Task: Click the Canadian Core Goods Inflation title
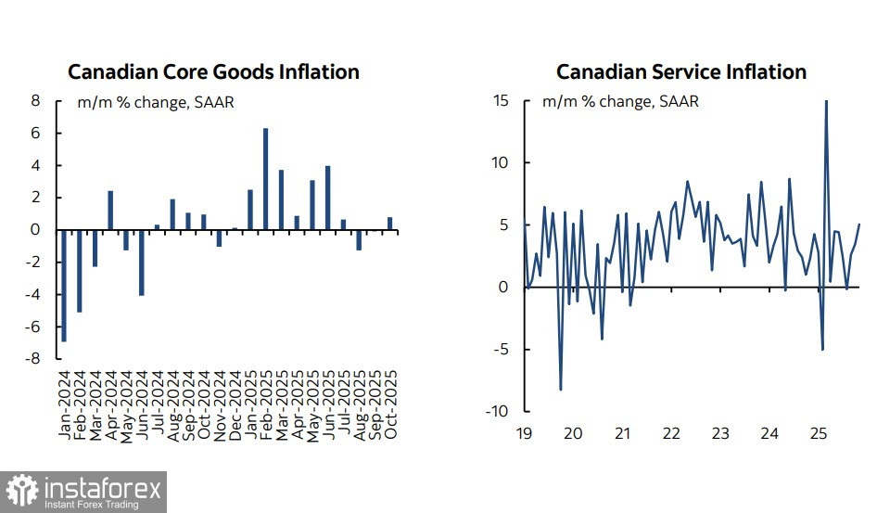(213, 71)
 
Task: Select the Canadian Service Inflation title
(680, 71)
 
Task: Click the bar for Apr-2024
(110, 210)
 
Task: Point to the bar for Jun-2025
(328, 198)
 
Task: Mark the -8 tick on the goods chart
(36, 359)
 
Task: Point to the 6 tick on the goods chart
(36, 133)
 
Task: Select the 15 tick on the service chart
(502, 100)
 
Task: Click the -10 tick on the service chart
(498, 411)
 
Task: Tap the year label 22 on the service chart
(670, 433)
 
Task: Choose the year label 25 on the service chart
(818, 433)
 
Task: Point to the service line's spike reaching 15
(826, 102)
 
